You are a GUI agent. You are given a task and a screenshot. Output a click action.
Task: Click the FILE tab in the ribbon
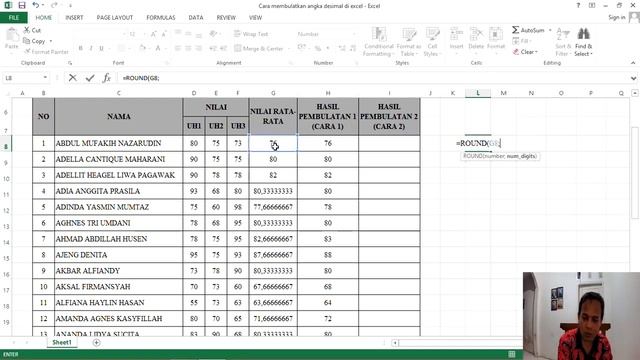(x=14, y=17)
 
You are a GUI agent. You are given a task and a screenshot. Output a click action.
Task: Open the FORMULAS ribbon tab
(x=160, y=17)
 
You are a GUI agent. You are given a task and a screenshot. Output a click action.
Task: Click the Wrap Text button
(x=255, y=34)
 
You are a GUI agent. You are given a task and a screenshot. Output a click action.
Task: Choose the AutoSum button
(x=531, y=30)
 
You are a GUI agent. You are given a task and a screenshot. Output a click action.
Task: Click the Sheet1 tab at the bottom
(x=62, y=342)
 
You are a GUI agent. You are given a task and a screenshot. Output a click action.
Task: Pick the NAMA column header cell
(x=121, y=116)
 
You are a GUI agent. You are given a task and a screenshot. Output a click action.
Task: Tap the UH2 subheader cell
(x=216, y=125)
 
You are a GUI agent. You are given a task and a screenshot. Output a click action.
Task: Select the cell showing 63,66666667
(x=273, y=301)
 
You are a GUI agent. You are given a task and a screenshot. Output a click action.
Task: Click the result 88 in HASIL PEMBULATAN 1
(x=328, y=254)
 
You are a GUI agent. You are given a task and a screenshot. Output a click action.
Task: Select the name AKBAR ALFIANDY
(x=88, y=270)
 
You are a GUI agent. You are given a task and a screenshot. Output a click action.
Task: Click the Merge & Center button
(x=263, y=48)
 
